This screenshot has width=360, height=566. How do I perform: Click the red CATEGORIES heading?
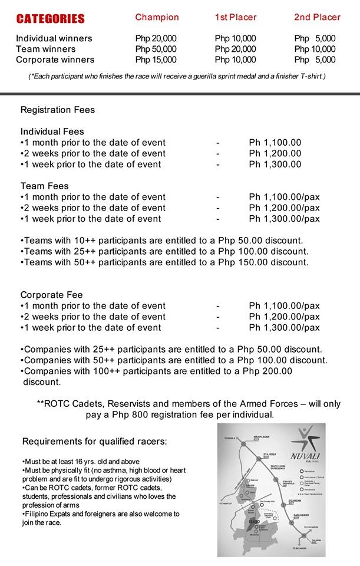(51, 19)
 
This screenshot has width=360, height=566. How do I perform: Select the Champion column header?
(156, 18)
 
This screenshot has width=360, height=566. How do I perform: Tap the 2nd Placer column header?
(317, 18)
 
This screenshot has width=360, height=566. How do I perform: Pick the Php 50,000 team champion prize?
(156, 49)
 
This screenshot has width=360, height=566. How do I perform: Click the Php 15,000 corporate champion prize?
(156, 60)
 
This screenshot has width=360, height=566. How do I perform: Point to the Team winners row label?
(46, 49)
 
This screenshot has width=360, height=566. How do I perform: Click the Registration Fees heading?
(58, 110)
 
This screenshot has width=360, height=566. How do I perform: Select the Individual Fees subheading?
(52, 131)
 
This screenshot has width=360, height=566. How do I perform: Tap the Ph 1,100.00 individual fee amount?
(275, 143)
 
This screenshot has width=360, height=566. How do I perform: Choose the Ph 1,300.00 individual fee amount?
(275, 164)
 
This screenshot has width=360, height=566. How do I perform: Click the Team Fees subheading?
(45, 186)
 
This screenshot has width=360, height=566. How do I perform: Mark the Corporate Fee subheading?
(52, 295)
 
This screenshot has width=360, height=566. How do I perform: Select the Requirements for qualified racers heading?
(94, 442)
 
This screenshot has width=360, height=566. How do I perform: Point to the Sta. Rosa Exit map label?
(269, 455)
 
